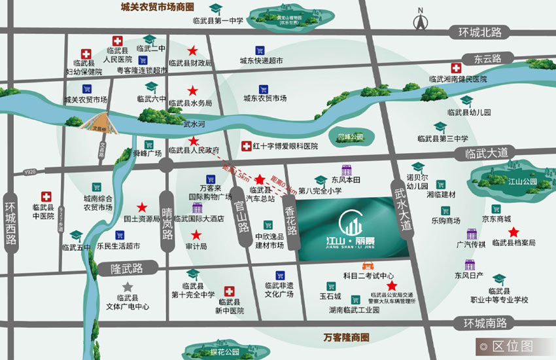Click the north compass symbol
coord(419,21)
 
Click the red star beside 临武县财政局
coord(193,50)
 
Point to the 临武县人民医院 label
coord(118,56)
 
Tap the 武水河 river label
coord(194,123)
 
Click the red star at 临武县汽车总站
coord(260,179)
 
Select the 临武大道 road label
coord(486,153)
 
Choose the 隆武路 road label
coord(126,268)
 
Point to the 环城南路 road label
coord(485,323)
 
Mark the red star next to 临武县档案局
coord(514,231)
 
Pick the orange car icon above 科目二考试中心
coord(369,266)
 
